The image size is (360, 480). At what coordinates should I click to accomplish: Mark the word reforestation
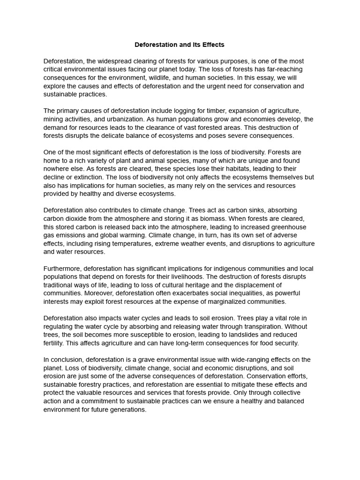pyautogui.click(x=166, y=384)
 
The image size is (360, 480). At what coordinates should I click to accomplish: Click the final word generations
pyautogui.click(x=127, y=409)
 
